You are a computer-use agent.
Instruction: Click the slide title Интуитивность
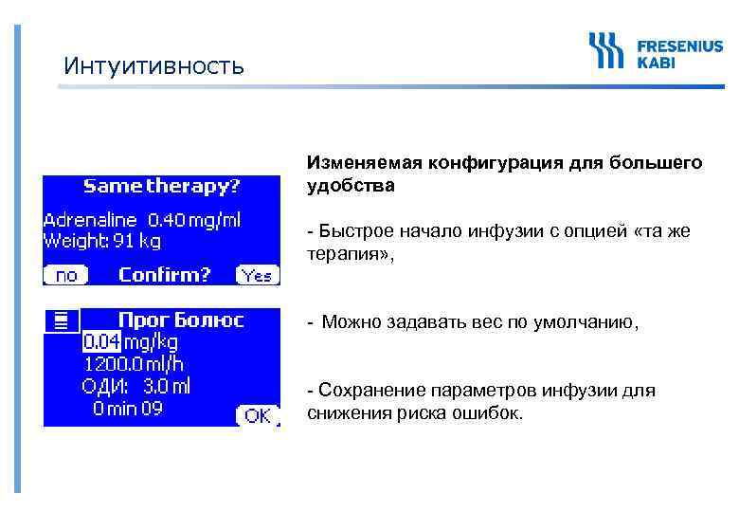(153, 66)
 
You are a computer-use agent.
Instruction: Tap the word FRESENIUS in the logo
(679, 45)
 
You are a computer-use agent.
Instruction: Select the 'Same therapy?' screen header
(161, 185)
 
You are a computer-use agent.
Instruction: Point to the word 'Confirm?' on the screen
(164, 275)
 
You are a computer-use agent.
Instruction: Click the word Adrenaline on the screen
(90, 220)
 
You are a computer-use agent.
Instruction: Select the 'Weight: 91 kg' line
(102, 241)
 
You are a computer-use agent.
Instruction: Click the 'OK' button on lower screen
(256, 415)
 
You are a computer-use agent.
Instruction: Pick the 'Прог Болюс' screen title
(180, 320)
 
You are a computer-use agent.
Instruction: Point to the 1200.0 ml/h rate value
(133, 364)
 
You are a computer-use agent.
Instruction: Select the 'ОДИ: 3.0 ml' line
(135, 386)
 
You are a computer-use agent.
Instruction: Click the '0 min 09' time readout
(127, 409)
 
